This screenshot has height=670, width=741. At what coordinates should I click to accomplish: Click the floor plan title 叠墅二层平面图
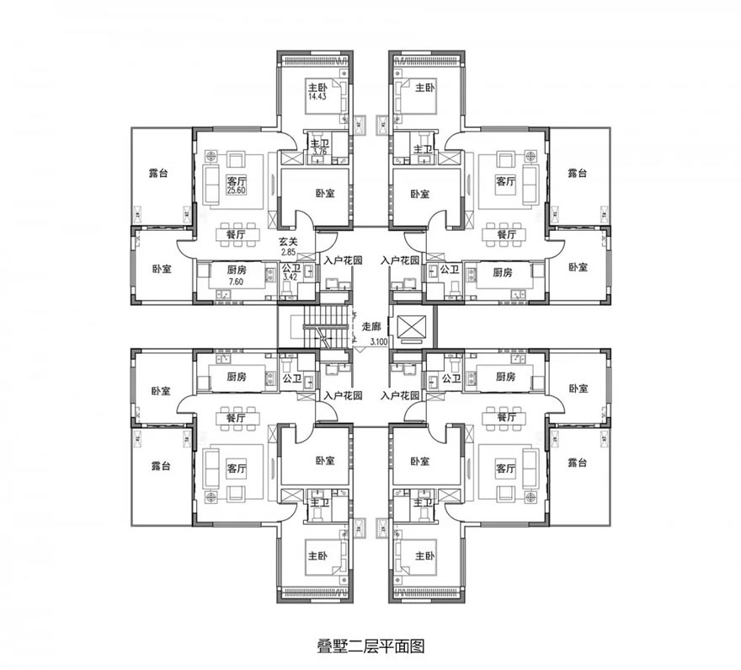point(370,646)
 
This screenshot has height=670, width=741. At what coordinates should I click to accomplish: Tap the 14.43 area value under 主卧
point(317,96)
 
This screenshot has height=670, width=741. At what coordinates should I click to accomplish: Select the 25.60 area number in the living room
point(237,190)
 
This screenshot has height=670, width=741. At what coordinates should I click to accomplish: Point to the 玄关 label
point(288,242)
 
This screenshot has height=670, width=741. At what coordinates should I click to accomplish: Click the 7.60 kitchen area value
point(236,281)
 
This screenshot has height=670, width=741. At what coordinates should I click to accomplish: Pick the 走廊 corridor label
point(371,326)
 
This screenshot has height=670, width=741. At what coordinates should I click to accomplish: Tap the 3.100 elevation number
point(379,342)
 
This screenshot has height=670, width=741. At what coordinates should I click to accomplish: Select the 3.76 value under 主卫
point(319,152)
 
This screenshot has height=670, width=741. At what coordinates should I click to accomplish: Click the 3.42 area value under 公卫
point(290,277)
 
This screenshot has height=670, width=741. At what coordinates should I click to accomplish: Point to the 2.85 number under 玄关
point(288,253)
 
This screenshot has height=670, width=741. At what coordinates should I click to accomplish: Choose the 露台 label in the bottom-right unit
point(578,463)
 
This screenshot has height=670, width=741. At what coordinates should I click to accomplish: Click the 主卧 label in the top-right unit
point(425,88)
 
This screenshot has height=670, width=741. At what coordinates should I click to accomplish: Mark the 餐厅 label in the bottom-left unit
point(236,418)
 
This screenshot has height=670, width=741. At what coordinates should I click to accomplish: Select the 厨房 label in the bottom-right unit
point(506,377)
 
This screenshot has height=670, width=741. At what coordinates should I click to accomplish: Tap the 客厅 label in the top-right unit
point(506,181)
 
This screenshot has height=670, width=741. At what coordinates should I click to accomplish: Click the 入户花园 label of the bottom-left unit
point(343,395)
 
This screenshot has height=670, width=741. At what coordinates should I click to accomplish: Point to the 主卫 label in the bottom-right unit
point(423,502)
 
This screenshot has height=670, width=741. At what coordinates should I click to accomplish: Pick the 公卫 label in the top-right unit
point(450,270)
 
